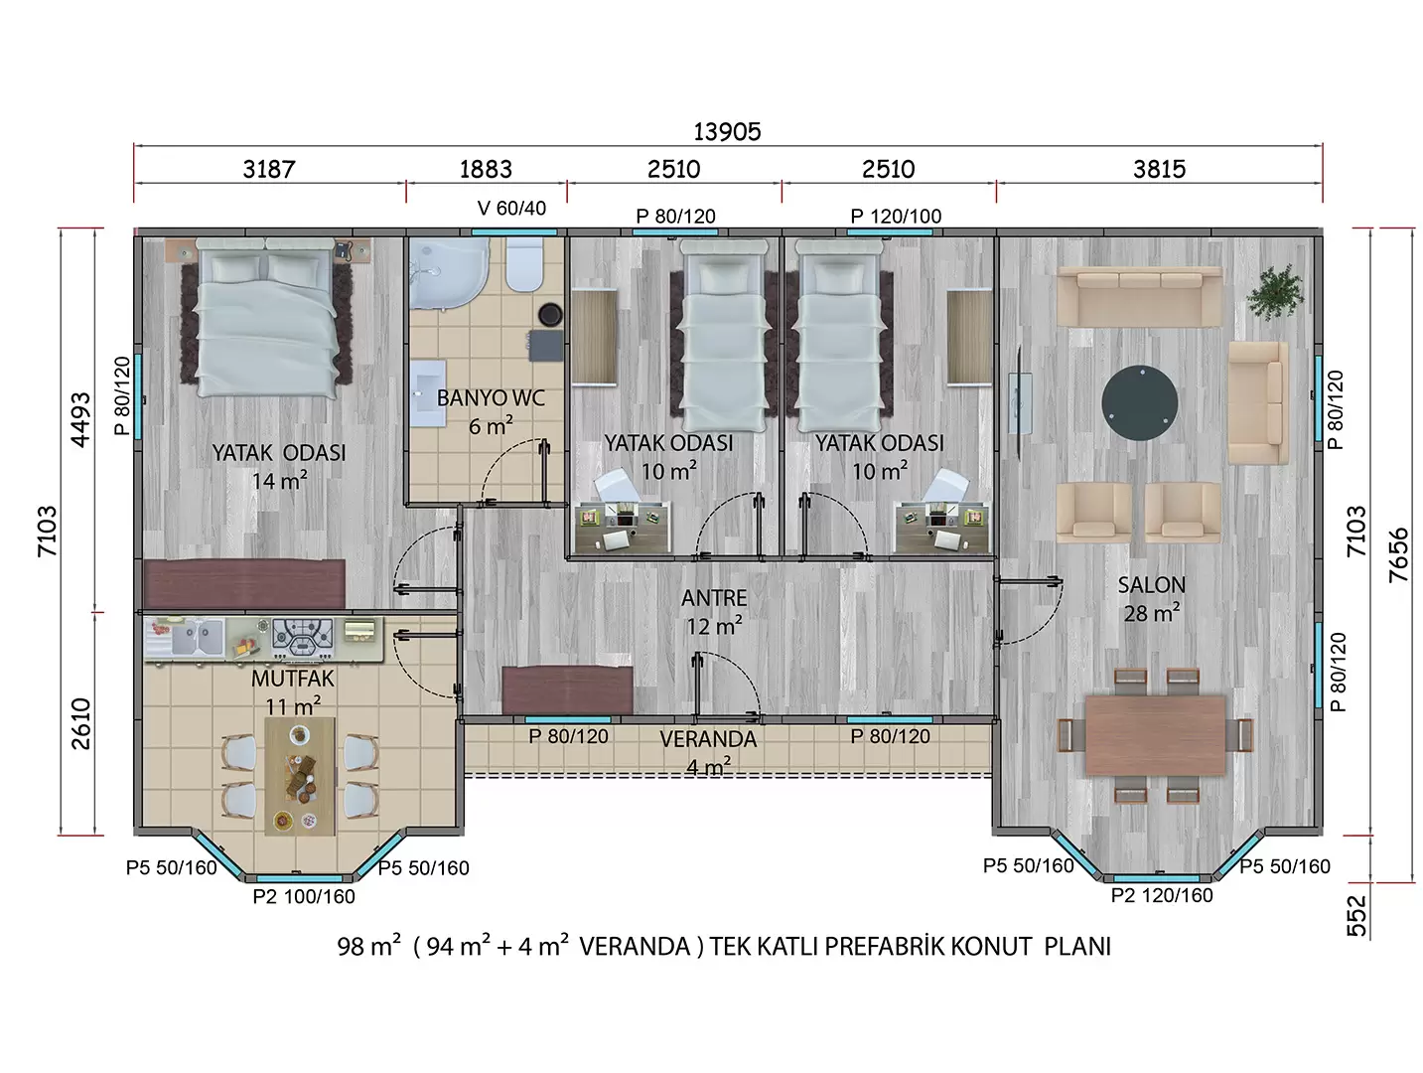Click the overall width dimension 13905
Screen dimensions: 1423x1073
727,131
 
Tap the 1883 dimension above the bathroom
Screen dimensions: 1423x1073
486,169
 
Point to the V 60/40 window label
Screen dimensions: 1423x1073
511,208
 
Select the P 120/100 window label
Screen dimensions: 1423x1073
896,216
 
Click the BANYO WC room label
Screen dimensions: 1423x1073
491,397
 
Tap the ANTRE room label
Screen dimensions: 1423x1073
714,598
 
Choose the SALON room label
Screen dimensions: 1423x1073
1151,585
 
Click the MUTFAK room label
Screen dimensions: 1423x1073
293,679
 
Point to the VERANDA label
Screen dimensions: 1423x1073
708,739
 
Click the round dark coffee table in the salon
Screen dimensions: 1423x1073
1140,402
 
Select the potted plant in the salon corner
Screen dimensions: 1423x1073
1275,292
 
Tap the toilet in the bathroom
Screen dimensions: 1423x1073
524,264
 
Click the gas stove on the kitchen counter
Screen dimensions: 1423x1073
302,636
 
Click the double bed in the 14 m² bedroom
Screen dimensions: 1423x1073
266,317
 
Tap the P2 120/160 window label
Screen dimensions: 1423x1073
1162,895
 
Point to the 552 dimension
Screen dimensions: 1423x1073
1356,916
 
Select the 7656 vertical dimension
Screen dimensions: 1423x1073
1398,555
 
